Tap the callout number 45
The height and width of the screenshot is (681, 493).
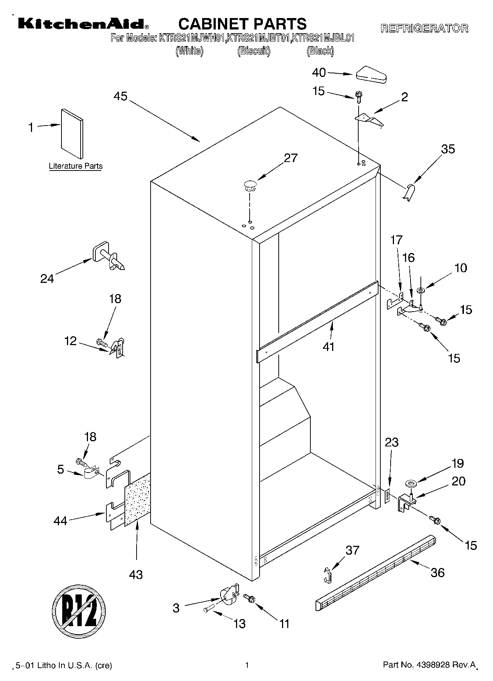click(120, 96)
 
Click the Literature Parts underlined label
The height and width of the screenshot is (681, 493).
click(75, 166)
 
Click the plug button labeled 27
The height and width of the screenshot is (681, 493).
click(250, 185)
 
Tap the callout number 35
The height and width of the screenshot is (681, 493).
click(448, 149)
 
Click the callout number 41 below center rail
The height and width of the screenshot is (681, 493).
click(328, 347)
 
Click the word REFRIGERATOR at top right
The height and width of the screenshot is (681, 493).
click(424, 28)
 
